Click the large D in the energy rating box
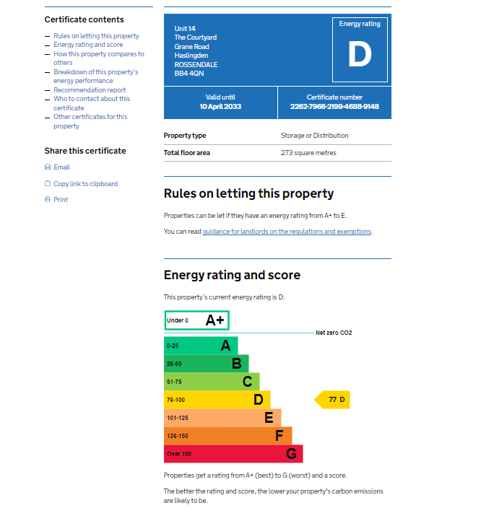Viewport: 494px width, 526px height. [x=359, y=55]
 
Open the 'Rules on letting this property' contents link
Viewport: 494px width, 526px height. [x=96, y=36]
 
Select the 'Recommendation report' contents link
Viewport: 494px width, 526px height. [x=90, y=90]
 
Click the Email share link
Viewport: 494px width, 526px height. [x=61, y=167]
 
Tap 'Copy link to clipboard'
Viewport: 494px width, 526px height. [x=85, y=184]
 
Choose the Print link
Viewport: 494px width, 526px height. [x=61, y=200]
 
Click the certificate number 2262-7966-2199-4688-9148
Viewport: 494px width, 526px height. [x=334, y=107]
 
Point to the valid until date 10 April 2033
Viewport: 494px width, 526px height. [x=220, y=107]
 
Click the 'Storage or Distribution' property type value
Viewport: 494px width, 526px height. [x=314, y=136]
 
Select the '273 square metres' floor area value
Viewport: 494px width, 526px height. [x=308, y=153]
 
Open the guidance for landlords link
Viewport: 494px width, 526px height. [x=287, y=232]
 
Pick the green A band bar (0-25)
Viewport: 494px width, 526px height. [x=201, y=346]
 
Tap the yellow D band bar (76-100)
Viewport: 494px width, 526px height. [x=217, y=400]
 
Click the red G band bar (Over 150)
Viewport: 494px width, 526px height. [x=233, y=454]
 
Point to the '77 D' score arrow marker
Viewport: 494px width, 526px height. [x=334, y=400]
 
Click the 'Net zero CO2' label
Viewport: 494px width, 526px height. [x=334, y=333]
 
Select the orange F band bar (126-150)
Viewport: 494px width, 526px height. [x=227, y=436]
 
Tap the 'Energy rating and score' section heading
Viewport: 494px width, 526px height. [x=232, y=275]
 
